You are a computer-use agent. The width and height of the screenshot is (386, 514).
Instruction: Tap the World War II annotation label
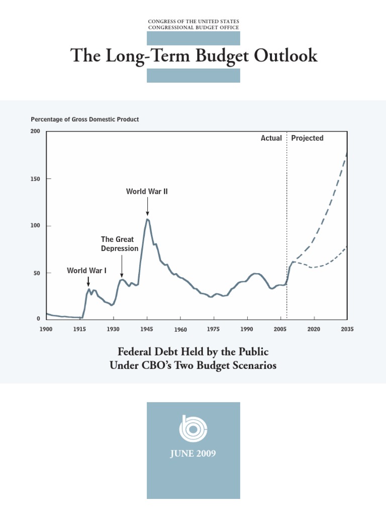click(146, 191)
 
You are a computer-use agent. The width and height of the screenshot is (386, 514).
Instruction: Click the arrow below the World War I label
click(88, 282)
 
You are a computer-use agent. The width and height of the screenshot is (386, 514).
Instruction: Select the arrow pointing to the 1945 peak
click(147, 206)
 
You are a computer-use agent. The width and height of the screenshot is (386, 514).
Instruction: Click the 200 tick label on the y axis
click(35, 132)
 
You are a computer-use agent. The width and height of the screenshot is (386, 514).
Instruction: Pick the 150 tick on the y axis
click(35, 179)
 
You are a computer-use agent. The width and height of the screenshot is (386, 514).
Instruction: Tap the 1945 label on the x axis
click(147, 329)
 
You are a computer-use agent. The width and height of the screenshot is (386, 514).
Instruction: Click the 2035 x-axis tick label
click(347, 329)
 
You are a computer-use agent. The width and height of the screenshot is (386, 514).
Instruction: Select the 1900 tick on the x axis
click(46, 329)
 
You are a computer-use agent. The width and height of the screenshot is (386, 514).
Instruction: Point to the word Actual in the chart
click(271, 138)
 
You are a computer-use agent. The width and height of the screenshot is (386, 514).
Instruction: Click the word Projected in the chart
click(307, 138)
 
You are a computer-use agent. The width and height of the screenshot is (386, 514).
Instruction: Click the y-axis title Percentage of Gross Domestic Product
click(85, 119)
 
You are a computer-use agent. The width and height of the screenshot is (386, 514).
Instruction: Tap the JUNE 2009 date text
click(193, 454)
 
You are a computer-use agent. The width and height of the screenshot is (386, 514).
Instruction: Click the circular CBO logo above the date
click(193, 428)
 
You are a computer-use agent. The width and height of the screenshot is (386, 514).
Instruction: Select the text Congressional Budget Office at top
click(194, 28)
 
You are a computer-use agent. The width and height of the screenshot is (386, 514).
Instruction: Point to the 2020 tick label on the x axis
click(314, 329)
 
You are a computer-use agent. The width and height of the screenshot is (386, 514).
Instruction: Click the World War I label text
click(87, 271)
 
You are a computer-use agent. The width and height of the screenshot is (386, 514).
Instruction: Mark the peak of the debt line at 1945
click(147, 219)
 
